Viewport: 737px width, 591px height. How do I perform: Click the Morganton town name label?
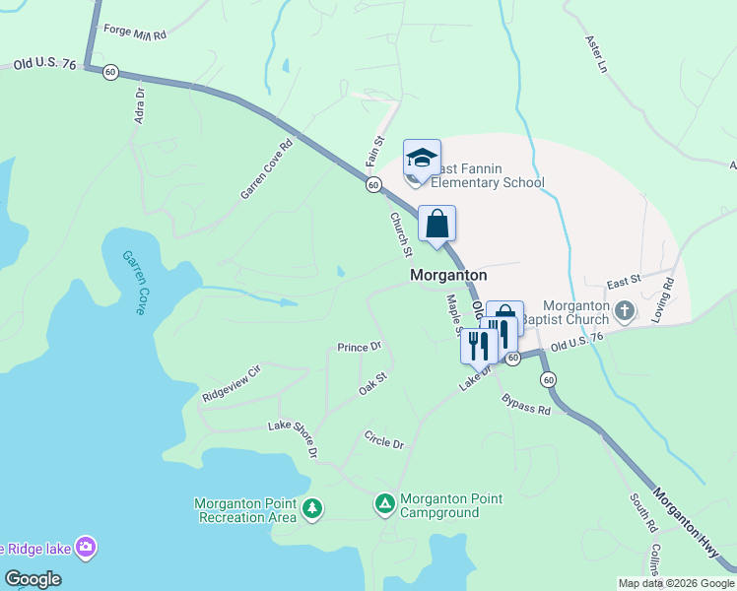click(x=448, y=276)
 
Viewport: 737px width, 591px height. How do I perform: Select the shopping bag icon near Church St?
click(x=437, y=224)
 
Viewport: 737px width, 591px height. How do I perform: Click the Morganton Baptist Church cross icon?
click(x=624, y=312)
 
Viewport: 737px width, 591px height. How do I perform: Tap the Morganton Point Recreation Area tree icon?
click(x=312, y=508)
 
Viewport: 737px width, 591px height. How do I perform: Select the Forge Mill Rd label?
click(x=134, y=33)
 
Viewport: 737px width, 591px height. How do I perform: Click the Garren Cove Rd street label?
click(x=267, y=169)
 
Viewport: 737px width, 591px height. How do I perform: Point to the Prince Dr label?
click(x=359, y=348)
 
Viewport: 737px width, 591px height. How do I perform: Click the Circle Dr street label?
click(x=384, y=439)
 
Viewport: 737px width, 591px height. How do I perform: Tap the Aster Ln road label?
click(x=595, y=55)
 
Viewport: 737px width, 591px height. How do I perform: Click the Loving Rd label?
click(x=662, y=300)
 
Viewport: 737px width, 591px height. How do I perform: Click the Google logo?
click(x=33, y=579)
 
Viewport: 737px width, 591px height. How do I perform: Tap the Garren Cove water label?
click(x=134, y=283)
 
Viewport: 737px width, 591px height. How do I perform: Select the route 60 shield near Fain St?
click(x=373, y=185)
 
